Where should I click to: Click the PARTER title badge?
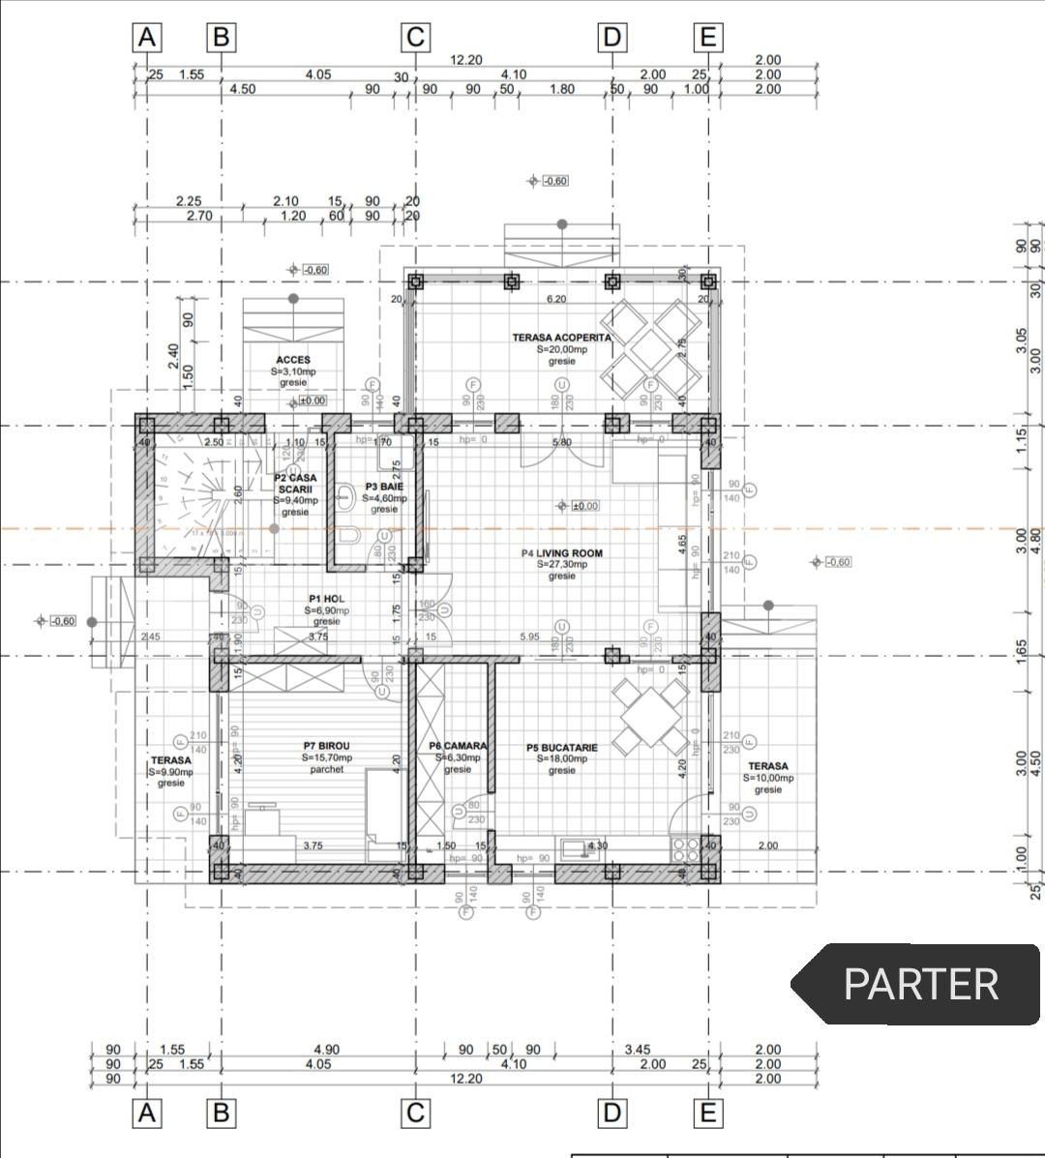(919, 984)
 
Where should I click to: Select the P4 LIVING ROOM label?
(561, 553)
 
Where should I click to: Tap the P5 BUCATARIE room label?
(561, 748)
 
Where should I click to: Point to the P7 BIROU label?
(326, 746)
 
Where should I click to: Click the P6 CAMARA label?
(458, 746)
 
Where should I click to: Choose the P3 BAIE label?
(384, 487)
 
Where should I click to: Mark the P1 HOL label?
(326, 599)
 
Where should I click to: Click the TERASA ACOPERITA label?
(561, 338)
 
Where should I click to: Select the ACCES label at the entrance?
(292, 360)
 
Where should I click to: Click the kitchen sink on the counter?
(576, 849)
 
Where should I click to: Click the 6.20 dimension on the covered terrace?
(555, 300)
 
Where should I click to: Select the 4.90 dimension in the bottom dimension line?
(326, 1050)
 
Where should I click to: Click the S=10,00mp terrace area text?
(768, 778)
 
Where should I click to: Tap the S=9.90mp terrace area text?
(170, 772)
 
